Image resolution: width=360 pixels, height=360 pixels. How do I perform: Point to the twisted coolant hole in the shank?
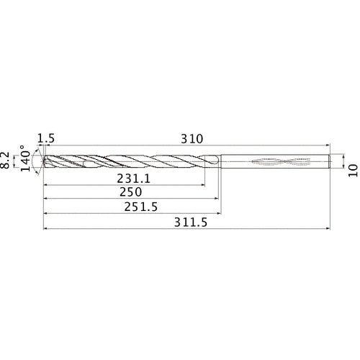pyautogui.click(x=277, y=162)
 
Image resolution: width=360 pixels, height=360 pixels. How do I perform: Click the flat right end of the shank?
pyautogui.click(x=330, y=162)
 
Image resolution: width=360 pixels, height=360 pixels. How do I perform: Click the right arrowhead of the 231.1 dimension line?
pyautogui.click(x=202, y=185)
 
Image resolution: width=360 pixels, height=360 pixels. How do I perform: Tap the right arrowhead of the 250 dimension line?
pyautogui.click(x=217, y=199)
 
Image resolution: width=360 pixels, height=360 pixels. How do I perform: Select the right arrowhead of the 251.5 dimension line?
pyautogui.click(x=219, y=214)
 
